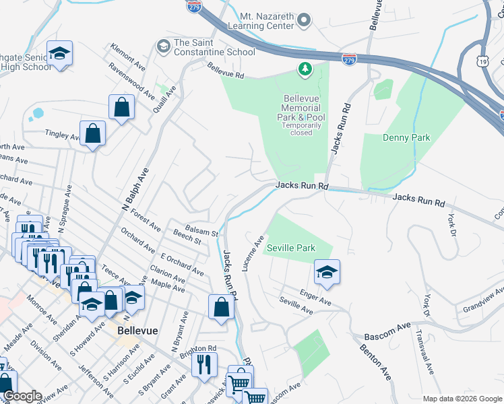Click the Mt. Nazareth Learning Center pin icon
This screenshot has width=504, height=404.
click(304, 20)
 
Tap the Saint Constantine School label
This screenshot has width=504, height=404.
click(214, 47)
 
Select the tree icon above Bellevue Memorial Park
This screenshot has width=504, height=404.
click(305, 69)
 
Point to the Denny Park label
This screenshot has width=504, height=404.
click(406, 137)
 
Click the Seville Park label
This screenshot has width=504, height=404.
click(291, 248)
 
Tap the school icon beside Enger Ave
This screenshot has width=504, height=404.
click(327, 272)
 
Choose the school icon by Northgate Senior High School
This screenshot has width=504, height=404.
click(60, 55)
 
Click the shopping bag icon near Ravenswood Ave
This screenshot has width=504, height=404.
click(121, 107)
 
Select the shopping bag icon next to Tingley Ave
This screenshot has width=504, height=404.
click(93, 133)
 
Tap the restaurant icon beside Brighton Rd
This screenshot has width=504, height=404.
click(204, 364)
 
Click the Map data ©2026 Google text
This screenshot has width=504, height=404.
click(462, 398)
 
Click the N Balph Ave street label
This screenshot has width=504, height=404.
click(135, 191)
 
